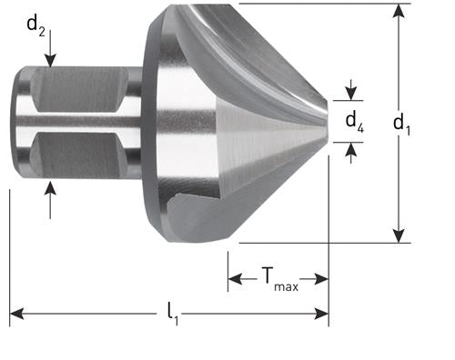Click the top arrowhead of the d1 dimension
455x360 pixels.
(398, 11)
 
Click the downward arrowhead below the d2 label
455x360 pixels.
(52, 61)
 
